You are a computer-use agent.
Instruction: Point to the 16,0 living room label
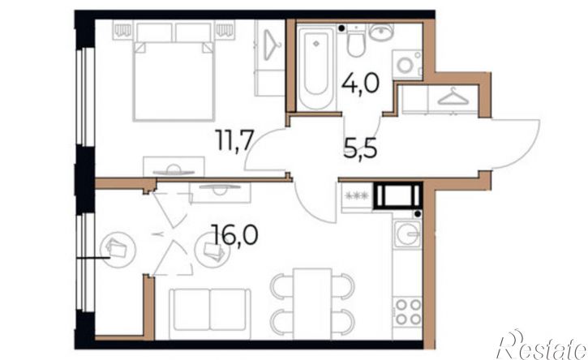[234, 234]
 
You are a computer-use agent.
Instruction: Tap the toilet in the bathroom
[356, 41]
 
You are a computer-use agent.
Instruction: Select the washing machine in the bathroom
[407, 65]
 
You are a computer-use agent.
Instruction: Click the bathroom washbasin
[380, 32]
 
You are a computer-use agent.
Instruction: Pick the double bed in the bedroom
[174, 71]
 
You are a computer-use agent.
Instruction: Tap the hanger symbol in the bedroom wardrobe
[271, 45]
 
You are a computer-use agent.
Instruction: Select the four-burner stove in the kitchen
[408, 312]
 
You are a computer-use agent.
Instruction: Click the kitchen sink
[408, 234]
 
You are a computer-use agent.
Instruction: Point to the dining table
[312, 304]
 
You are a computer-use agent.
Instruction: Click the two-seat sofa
[209, 315]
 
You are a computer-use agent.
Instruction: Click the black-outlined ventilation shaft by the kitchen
[398, 195]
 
